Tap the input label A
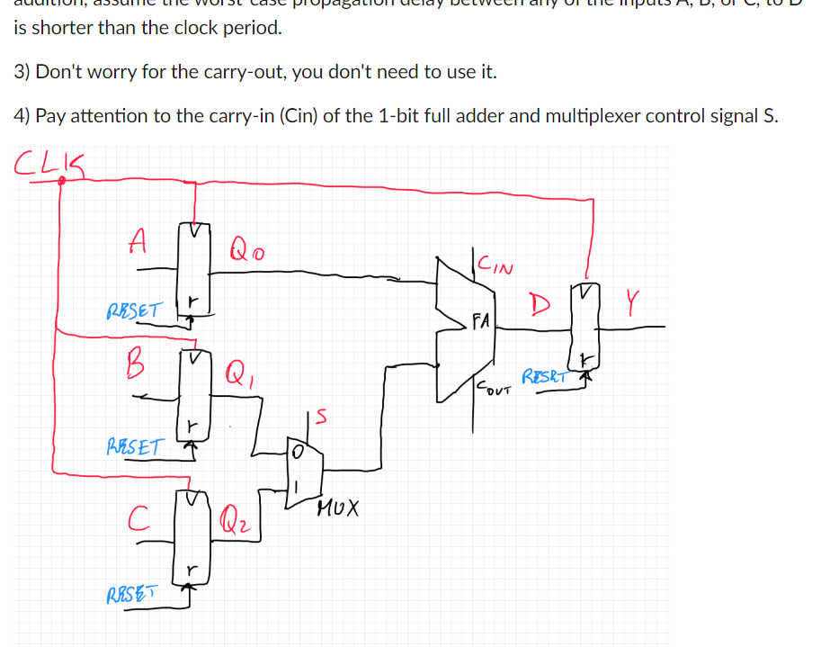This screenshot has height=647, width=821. pyautogui.click(x=137, y=239)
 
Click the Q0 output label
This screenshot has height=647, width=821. pyautogui.click(x=245, y=245)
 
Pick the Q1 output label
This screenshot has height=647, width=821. pyautogui.click(x=236, y=371)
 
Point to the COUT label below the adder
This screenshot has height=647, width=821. pyautogui.click(x=492, y=389)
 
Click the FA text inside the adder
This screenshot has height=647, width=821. pyautogui.click(x=481, y=319)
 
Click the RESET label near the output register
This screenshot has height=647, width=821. pyautogui.click(x=543, y=375)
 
